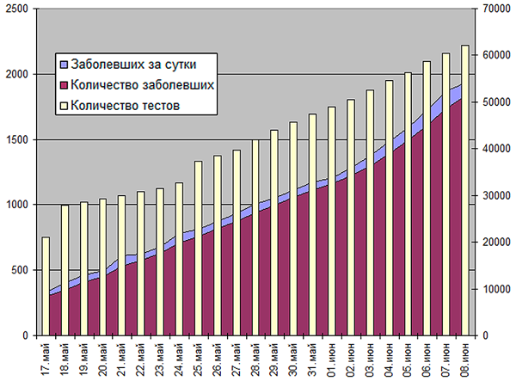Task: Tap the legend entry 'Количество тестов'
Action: pos(125,106)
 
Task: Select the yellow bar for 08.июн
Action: pos(465,189)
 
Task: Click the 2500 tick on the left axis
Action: pos(18,9)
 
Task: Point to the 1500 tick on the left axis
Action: pos(18,139)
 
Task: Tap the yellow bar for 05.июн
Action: pos(408,203)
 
